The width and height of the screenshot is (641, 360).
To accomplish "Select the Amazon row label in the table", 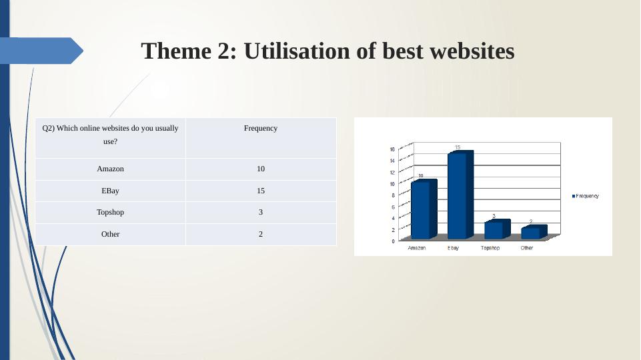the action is coord(110,169).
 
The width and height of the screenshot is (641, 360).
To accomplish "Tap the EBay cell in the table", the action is coord(110,191).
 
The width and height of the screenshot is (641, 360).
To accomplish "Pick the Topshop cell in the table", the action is coord(110,212).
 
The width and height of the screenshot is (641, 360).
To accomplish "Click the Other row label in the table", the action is coord(110,234).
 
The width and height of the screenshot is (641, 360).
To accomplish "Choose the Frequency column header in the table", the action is coord(261,128).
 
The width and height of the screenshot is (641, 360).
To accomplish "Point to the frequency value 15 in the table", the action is coord(261,191).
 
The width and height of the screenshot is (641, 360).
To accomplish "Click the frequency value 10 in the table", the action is coord(261,169).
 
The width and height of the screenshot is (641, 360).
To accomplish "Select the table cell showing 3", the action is coord(261,212).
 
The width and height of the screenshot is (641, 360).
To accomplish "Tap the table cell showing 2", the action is coord(261,234).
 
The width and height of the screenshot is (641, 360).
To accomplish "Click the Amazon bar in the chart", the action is coord(424,209).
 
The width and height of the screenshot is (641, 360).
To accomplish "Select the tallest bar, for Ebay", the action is coord(460,195).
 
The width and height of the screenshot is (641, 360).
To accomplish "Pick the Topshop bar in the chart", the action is coord(497,229).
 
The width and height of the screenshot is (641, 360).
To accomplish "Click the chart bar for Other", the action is coord(534,232).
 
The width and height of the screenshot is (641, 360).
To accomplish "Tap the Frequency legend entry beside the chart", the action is coord(586,196).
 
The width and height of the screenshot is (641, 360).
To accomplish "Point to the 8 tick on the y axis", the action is coord(393,195).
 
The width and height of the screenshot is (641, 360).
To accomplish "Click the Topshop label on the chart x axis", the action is coord(490,248).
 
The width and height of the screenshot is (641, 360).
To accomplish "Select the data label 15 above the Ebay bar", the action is coord(458,147).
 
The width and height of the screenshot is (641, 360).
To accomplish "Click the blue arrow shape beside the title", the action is coord(41,51).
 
